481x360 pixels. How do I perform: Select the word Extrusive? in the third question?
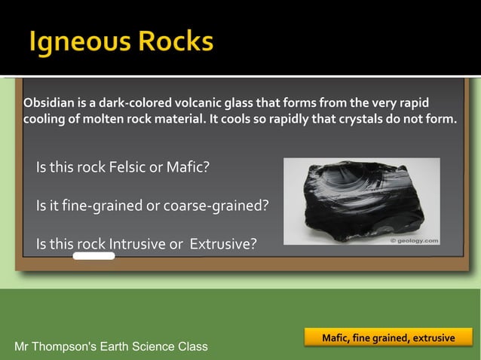pos(223,244)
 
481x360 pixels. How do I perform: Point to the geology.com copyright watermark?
pos(414,241)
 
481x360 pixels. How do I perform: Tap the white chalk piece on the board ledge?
pos(94,256)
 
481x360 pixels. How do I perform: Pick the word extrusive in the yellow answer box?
pos(431,337)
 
